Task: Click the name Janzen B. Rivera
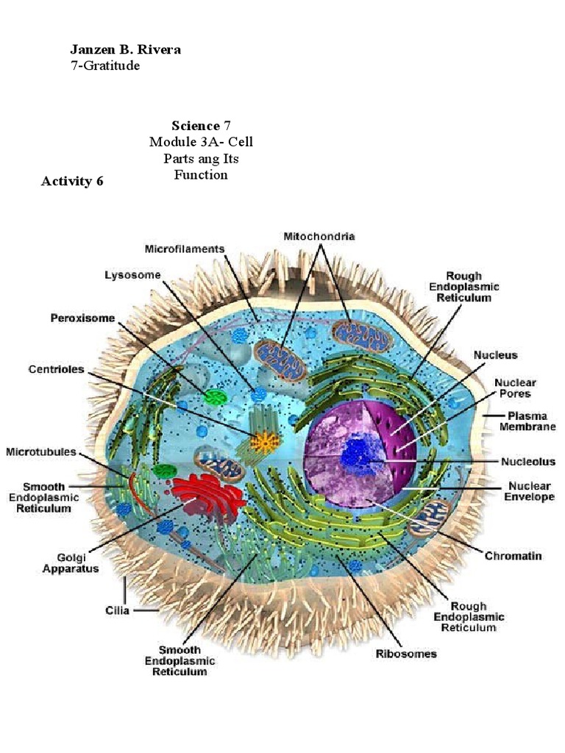click(x=125, y=50)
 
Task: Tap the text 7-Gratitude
click(x=104, y=66)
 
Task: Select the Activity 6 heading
click(x=72, y=182)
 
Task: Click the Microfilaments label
click(x=185, y=249)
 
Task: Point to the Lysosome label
click(x=132, y=275)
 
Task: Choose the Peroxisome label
click(x=88, y=318)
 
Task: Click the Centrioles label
click(x=56, y=368)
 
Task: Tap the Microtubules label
click(x=42, y=451)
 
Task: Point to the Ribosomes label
click(x=406, y=653)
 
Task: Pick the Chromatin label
click(x=513, y=556)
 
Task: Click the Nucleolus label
click(x=527, y=462)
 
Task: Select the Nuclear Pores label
click(x=515, y=388)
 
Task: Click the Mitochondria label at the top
click(x=319, y=237)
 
